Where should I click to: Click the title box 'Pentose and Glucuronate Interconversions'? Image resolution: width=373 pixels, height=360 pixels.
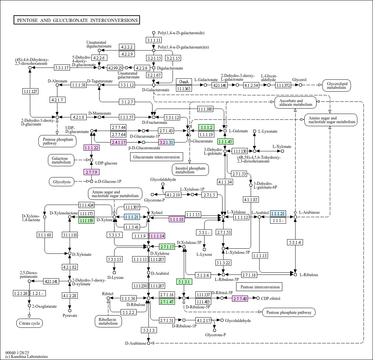(77, 20)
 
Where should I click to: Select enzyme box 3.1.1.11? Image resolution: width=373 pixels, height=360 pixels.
(154, 40)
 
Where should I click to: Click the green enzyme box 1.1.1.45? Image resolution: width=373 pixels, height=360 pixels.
(225, 142)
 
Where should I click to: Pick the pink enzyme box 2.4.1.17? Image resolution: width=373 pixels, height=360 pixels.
(119, 142)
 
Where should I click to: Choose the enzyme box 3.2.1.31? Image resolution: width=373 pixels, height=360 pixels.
(166, 142)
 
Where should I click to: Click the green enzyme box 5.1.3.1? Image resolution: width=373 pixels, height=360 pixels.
(184, 282)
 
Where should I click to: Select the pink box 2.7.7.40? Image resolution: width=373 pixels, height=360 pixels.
(240, 299)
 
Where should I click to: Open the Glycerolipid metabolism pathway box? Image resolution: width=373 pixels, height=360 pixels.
(336, 85)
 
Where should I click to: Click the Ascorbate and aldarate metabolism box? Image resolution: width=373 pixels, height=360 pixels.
(295, 102)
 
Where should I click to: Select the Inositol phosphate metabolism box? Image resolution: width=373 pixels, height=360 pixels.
(190, 170)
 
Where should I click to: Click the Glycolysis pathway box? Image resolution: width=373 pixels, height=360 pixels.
(62, 182)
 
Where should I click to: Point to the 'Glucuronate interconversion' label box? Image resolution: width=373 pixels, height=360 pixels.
(156, 157)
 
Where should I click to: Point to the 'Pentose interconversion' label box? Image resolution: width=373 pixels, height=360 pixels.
(260, 287)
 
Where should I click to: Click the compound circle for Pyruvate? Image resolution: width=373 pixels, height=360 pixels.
(70, 310)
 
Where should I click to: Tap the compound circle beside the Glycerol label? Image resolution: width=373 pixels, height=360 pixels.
(300, 85)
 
